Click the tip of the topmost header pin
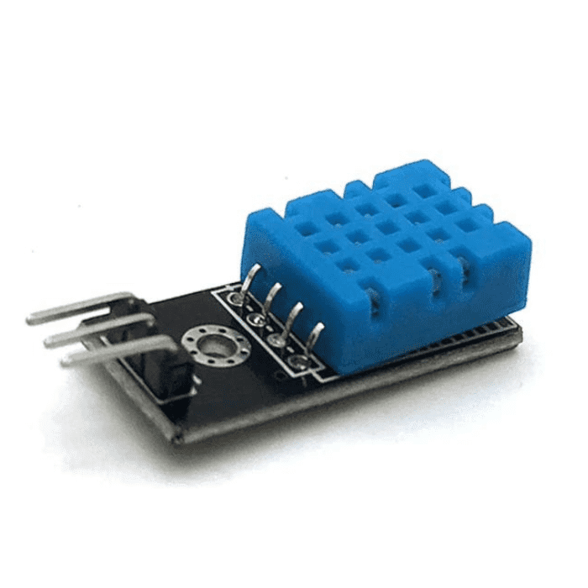(x=30, y=318)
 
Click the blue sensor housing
(x=378, y=260)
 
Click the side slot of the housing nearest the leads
(x=370, y=298)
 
